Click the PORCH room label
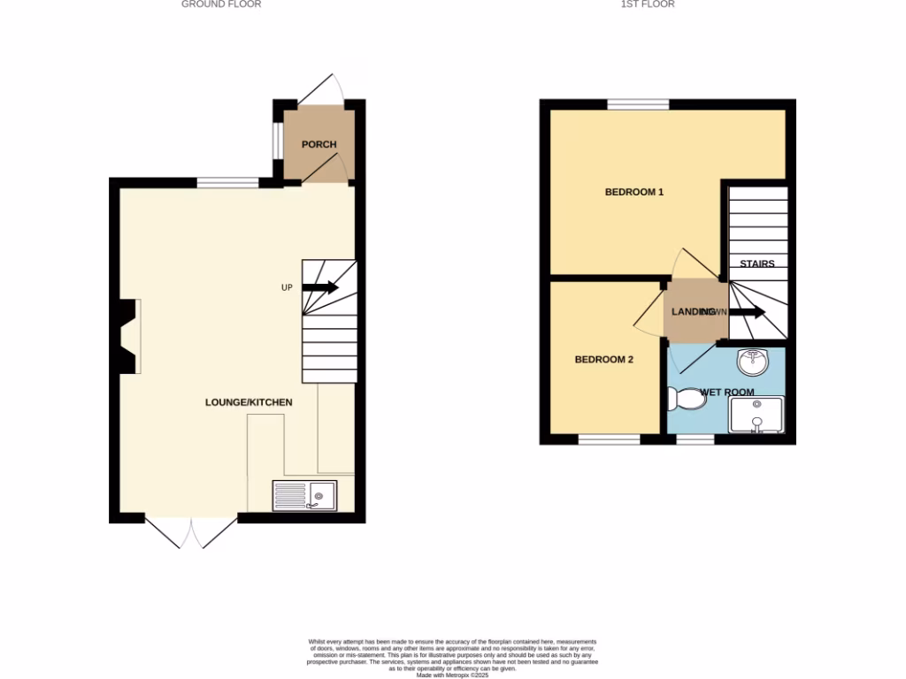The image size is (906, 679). click(x=319, y=145)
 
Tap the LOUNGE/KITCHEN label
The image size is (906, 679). click(x=249, y=402)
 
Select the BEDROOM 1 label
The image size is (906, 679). click(x=633, y=192)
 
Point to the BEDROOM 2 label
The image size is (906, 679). click(x=603, y=359)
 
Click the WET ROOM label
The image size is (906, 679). click(x=727, y=392)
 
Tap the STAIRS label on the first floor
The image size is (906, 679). click(x=756, y=263)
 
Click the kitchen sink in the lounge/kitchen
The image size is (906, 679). click(x=304, y=495)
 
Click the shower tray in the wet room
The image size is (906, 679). click(x=756, y=414)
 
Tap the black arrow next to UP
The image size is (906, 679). click(x=320, y=287)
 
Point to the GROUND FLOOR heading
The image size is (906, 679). click(x=221, y=4)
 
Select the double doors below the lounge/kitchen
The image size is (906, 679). click(x=191, y=533)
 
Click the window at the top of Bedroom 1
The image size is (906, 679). click(x=638, y=104)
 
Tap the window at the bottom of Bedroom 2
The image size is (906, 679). click(x=609, y=439)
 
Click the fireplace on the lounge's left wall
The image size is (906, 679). click(x=127, y=337)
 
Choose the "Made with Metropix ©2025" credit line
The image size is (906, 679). click(x=452, y=675)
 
